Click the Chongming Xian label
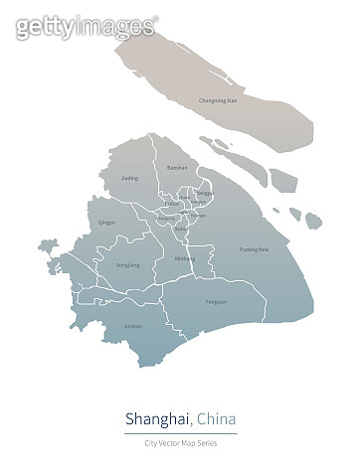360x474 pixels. click(218, 100)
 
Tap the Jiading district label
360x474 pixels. click(130, 178)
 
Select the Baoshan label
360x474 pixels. click(177, 169)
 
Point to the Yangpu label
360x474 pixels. click(204, 193)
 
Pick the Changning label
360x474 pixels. click(165, 218)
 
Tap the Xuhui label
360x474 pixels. click(180, 230)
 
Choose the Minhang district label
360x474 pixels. click(184, 258)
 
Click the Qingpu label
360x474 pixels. click(107, 223)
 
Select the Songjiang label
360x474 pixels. click(128, 265)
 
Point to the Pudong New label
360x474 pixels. click(255, 249)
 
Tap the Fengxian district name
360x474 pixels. click(216, 301)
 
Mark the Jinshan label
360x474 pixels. click(132, 325)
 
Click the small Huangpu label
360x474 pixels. click(199, 215)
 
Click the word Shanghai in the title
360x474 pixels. click(158, 417)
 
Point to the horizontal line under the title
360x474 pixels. click(180, 434)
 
